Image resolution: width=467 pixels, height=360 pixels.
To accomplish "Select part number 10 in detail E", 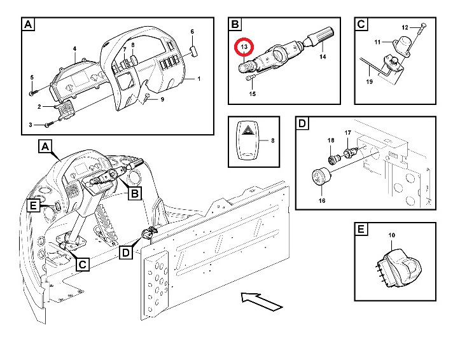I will click(x=391, y=236).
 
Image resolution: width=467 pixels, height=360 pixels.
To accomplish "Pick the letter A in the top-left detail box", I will click(x=28, y=25).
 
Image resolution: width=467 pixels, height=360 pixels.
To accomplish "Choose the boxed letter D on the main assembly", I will click(x=127, y=253).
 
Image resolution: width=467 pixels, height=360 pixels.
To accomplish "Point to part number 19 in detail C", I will click(x=368, y=82).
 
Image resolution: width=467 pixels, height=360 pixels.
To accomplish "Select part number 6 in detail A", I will click(x=192, y=31).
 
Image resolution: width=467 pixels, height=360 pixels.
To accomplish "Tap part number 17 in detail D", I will click(x=348, y=133).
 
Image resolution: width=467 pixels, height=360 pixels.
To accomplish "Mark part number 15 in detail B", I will click(x=252, y=95).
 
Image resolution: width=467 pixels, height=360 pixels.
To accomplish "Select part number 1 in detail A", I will click(x=199, y=79).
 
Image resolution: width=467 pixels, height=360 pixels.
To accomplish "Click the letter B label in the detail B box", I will click(x=235, y=25).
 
